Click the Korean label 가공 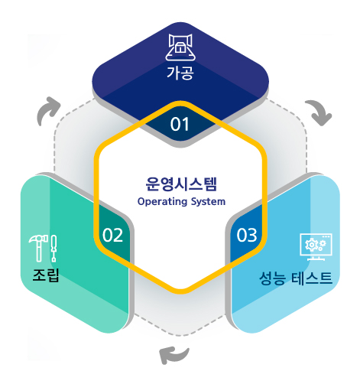pyautogui.click(x=180, y=73)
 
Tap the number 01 pyautogui.click(x=180, y=125)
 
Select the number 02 pyautogui.click(x=112, y=235)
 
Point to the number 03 pyautogui.click(x=247, y=235)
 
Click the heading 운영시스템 pyautogui.click(x=181, y=184)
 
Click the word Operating pyautogui.click(x=163, y=202)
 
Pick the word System pyautogui.click(x=208, y=202)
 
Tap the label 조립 pyautogui.click(x=46, y=275)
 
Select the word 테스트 pyautogui.click(x=312, y=278)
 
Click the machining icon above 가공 pyautogui.click(x=180, y=47)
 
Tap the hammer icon pyautogui.click(x=38, y=248)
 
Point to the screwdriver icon pyautogui.click(x=54, y=249)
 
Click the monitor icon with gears pyautogui.click(x=316, y=247)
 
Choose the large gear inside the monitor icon pyautogui.click(x=311, y=245)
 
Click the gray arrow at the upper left pyautogui.click(x=48, y=110)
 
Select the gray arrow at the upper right pyautogui.click(x=319, y=112)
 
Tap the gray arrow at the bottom pyautogui.click(x=174, y=355)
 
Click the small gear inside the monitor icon pyautogui.click(x=323, y=243)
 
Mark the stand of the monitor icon pyautogui.click(x=316, y=258)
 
